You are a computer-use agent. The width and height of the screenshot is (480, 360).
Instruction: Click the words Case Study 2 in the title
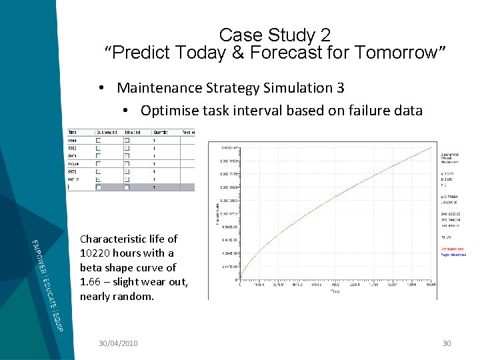tap(274, 35)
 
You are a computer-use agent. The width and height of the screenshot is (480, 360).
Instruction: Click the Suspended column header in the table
tap(107, 132)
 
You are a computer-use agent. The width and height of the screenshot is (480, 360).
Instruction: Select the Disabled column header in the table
tap(133, 132)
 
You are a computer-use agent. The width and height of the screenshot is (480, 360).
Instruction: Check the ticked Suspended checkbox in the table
tap(99, 179)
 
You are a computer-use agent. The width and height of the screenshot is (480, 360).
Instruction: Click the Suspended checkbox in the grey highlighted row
tap(99, 187)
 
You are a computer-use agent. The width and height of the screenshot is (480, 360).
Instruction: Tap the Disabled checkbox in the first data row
tap(127, 141)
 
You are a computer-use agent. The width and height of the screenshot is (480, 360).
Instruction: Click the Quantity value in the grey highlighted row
tap(154, 187)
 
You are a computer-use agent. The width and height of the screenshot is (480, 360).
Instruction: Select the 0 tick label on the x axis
tap(239, 283)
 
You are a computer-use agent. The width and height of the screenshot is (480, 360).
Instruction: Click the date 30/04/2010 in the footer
tap(118, 343)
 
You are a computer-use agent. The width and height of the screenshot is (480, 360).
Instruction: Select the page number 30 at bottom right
tap(447, 343)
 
